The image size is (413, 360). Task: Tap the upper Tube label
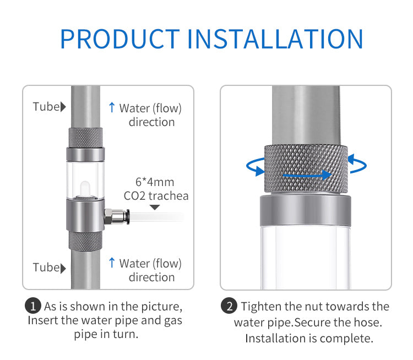tap(46, 107)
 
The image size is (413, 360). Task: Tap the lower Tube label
tap(46, 268)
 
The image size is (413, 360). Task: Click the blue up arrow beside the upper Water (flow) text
tap(112, 108)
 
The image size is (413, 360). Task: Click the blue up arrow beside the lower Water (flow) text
tap(112, 263)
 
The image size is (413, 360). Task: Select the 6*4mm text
tap(155, 182)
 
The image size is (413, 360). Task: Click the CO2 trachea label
tap(155, 195)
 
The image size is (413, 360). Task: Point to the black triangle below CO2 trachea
tap(155, 208)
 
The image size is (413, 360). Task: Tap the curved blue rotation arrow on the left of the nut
tap(254, 165)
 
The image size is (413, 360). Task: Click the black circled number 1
tap(34, 306)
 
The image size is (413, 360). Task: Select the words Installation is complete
tap(309, 338)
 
